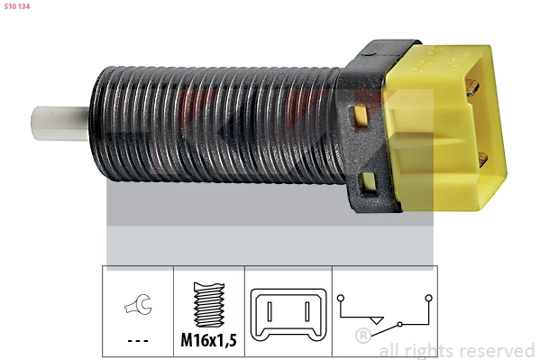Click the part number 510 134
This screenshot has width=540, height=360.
pyautogui.click(x=17, y=6)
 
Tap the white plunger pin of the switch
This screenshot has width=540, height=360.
pyautogui.click(x=59, y=124)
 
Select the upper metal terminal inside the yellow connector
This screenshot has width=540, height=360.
pyautogui.click(x=471, y=87)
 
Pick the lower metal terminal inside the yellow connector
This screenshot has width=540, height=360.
pyautogui.click(x=482, y=160)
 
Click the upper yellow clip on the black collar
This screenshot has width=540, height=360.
pyautogui.click(x=361, y=115)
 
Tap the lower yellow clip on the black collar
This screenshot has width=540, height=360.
pyautogui.click(x=368, y=181)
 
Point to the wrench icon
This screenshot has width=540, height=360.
pyautogui.click(x=138, y=304)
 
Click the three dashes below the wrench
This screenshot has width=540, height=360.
pyautogui.click(x=138, y=341)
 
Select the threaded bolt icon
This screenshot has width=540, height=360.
pyautogui.click(x=209, y=304)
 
